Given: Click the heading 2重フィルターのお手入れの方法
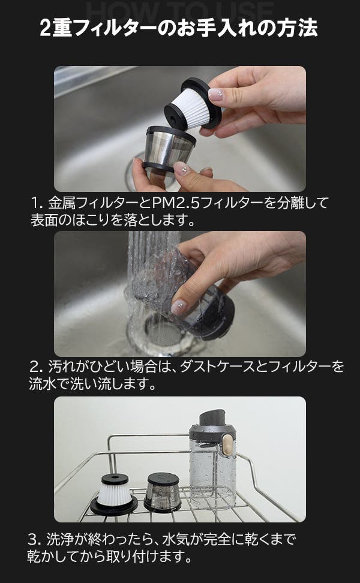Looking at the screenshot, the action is [x=179, y=28].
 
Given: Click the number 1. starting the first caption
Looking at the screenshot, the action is [x=37, y=203].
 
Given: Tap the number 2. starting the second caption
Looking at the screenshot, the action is [x=37, y=367].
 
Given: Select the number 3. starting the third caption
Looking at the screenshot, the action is [x=35, y=539].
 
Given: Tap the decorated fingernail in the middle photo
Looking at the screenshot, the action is [x=178, y=306].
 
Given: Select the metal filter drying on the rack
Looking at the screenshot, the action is [x=163, y=492].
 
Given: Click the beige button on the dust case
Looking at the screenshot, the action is [x=227, y=445].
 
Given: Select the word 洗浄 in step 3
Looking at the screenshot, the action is [x=59, y=539].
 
